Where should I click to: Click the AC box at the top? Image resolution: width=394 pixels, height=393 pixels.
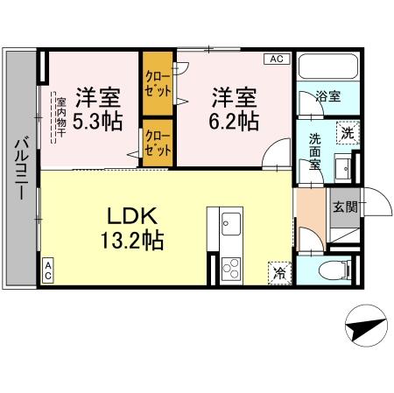pyautogui.click(x=276, y=60)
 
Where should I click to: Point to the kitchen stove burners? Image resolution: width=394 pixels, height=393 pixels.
pyautogui.click(x=232, y=263)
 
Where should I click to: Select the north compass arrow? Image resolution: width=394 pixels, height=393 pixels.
pyautogui.click(x=365, y=330)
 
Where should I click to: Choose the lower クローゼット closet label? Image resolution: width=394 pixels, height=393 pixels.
pyautogui.click(x=158, y=143)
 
